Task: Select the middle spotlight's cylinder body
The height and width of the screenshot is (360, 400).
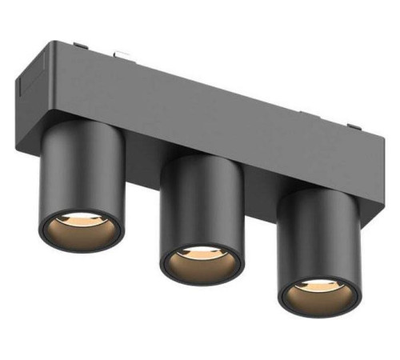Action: point(202,204)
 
